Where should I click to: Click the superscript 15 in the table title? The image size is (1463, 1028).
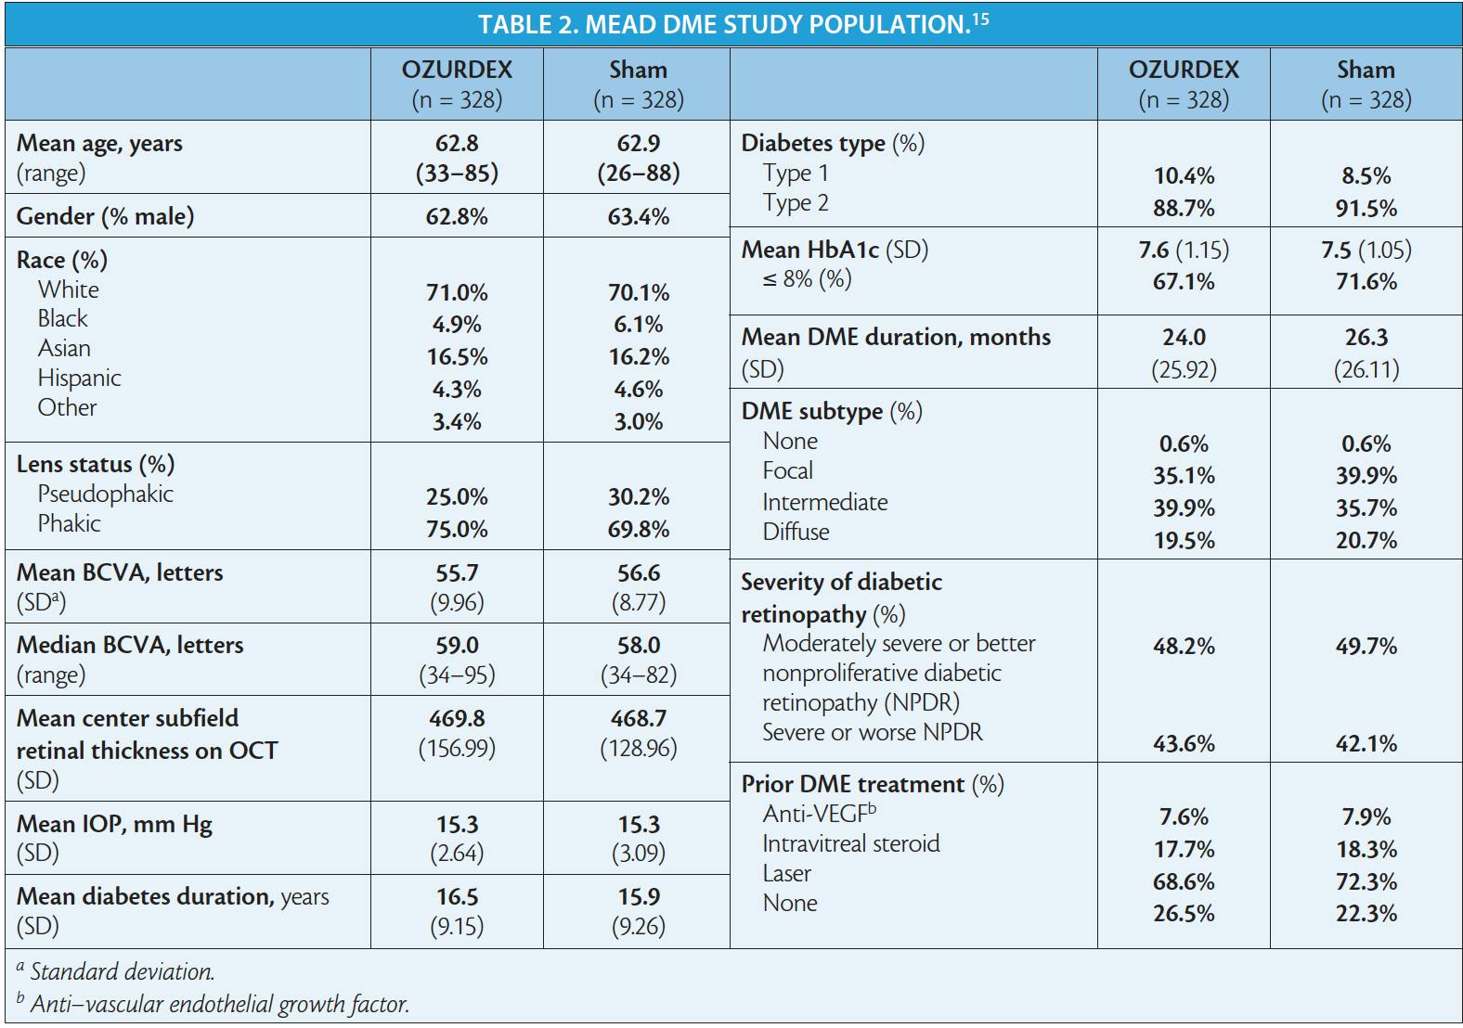point(980,18)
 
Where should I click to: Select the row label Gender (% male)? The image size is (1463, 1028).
point(105,216)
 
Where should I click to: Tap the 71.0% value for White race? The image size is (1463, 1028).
point(457,292)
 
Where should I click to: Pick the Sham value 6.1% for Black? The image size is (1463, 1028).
point(639,325)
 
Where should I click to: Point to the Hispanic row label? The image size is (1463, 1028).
point(79,378)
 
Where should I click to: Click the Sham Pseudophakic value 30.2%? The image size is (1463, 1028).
point(639,496)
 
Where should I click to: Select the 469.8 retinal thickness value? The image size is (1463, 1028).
point(457,718)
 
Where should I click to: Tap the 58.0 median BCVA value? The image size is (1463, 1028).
point(639,645)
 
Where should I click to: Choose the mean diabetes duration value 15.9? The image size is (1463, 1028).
point(639,896)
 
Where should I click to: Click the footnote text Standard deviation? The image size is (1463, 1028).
point(122,971)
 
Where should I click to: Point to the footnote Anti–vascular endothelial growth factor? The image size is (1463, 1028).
point(219,1004)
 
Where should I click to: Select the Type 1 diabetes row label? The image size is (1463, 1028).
point(796,173)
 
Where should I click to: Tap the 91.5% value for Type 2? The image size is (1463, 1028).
point(1366,209)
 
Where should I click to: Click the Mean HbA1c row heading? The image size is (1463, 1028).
point(835,250)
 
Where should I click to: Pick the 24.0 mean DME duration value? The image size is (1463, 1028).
point(1184,337)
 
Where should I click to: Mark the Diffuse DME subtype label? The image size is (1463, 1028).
point(796,532)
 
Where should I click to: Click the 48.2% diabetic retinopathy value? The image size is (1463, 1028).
point(1184,646)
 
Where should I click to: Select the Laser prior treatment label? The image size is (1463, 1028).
point(786,873)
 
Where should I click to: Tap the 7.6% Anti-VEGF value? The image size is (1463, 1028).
point(1184,816)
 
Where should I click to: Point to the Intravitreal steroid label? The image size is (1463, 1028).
point(850,843)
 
